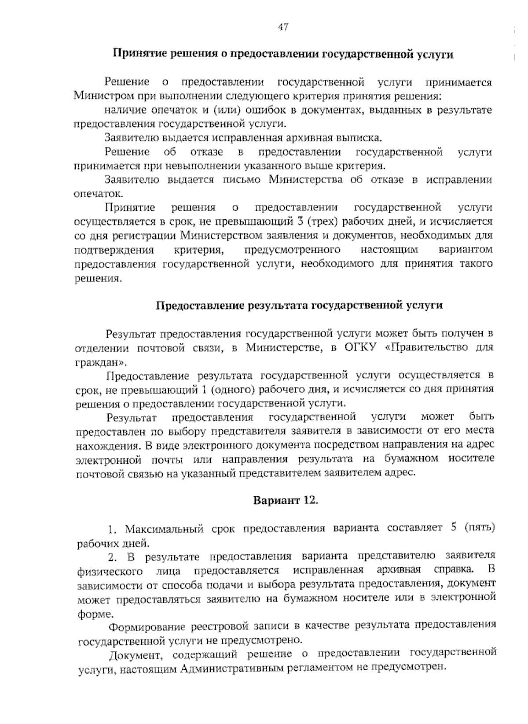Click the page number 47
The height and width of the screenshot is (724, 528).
pyautogui.click(x=283, y=27)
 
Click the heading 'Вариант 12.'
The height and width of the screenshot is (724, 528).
pyautogui.click(x=284, y=501)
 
